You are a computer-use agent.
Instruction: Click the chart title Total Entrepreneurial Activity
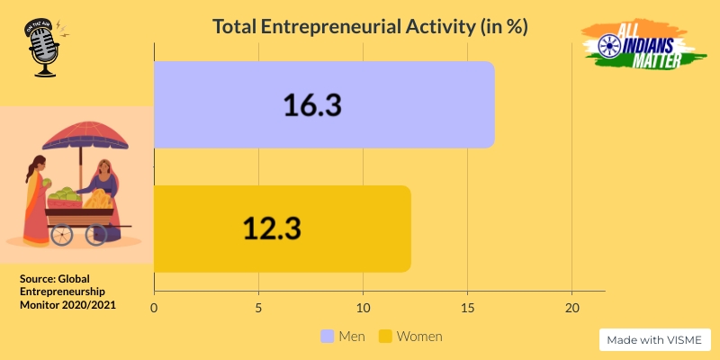pyautogui.click(x=369, y=27)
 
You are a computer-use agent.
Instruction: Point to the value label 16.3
pyautogui.click(x=312, y=105)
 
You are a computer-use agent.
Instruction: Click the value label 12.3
pyautogui.click(x=271, y=228)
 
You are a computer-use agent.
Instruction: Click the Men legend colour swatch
pyautogui.click(x=328, y=337)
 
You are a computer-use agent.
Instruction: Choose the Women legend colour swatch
pyautogui.click(x=384, y=337)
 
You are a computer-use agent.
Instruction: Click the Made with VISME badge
pyautogui.click(x=655, y=340)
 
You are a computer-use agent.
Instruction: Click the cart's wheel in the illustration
pyautogui.click(x=62, y=235)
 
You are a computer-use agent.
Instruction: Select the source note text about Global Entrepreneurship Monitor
pyautogui.click(x=67, y=292)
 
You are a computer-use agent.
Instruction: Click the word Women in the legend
pyautogui.click(x=419, y=337)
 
